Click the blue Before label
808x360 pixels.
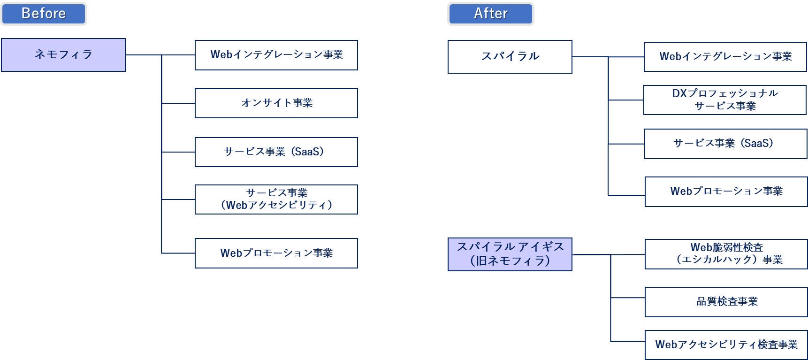pyautogui.click(x=44, y=14)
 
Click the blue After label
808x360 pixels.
pyautogui.click(x=491, y=14)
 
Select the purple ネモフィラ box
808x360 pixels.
pyautogui.click(x=63, y=55)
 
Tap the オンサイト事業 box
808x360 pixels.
pyautogui.click(x=276, y=103)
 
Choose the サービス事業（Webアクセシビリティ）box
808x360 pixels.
pyautogui.click(x=276, y=199)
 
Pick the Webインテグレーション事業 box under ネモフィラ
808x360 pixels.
pyautogui.click(x=276, y=55)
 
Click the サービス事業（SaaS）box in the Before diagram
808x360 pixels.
pyautogui.click(x=276, y=152)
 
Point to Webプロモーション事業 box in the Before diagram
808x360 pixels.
pyautogui.click(x=276, y=253)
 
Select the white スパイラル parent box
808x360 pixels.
pyautogui.click(x=510, y=57)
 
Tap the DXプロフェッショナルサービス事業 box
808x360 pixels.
pyautogui.click(x=725, y=100)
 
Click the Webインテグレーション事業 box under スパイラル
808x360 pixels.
pyautogui.click(x=725, y=57)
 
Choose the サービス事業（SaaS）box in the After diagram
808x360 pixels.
pyautogui.click(x=726, y=144)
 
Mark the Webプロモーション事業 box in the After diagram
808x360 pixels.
pyautogui.click(x=726, y=191)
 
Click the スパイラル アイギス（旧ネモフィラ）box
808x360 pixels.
pyautogui.click(x=510, y=254)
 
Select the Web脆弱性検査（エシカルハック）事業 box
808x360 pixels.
pyautogui.click(x=726, y=254)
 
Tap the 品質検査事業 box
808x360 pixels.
pyautogui.click(x=726, y=302)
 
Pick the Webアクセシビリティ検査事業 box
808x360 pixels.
pyautogui.click(x=726, y=345)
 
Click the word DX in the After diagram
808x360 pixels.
pyautogui.click(x=679, y=93)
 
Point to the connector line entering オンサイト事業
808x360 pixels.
pyautogui.click(x=178, y=103)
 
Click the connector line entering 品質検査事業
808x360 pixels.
pyautogui.click(x=628, y=298)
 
